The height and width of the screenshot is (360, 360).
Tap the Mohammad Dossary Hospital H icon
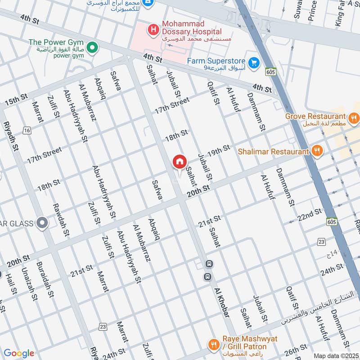154,31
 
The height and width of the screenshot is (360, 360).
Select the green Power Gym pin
92,47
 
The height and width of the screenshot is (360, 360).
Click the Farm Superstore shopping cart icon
253,62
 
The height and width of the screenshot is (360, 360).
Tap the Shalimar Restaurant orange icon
318,152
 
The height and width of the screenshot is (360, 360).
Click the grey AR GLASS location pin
42,223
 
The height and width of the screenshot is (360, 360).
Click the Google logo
19,353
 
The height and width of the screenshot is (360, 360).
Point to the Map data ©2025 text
335,356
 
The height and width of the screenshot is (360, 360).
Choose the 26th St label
295,351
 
